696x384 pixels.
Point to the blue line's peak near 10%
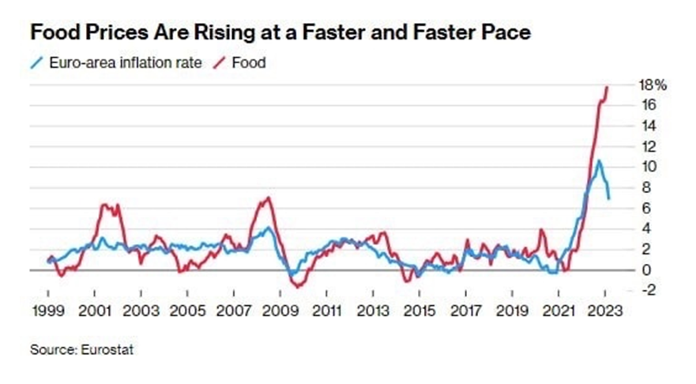(599, 161)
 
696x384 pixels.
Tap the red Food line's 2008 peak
(269, 198)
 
